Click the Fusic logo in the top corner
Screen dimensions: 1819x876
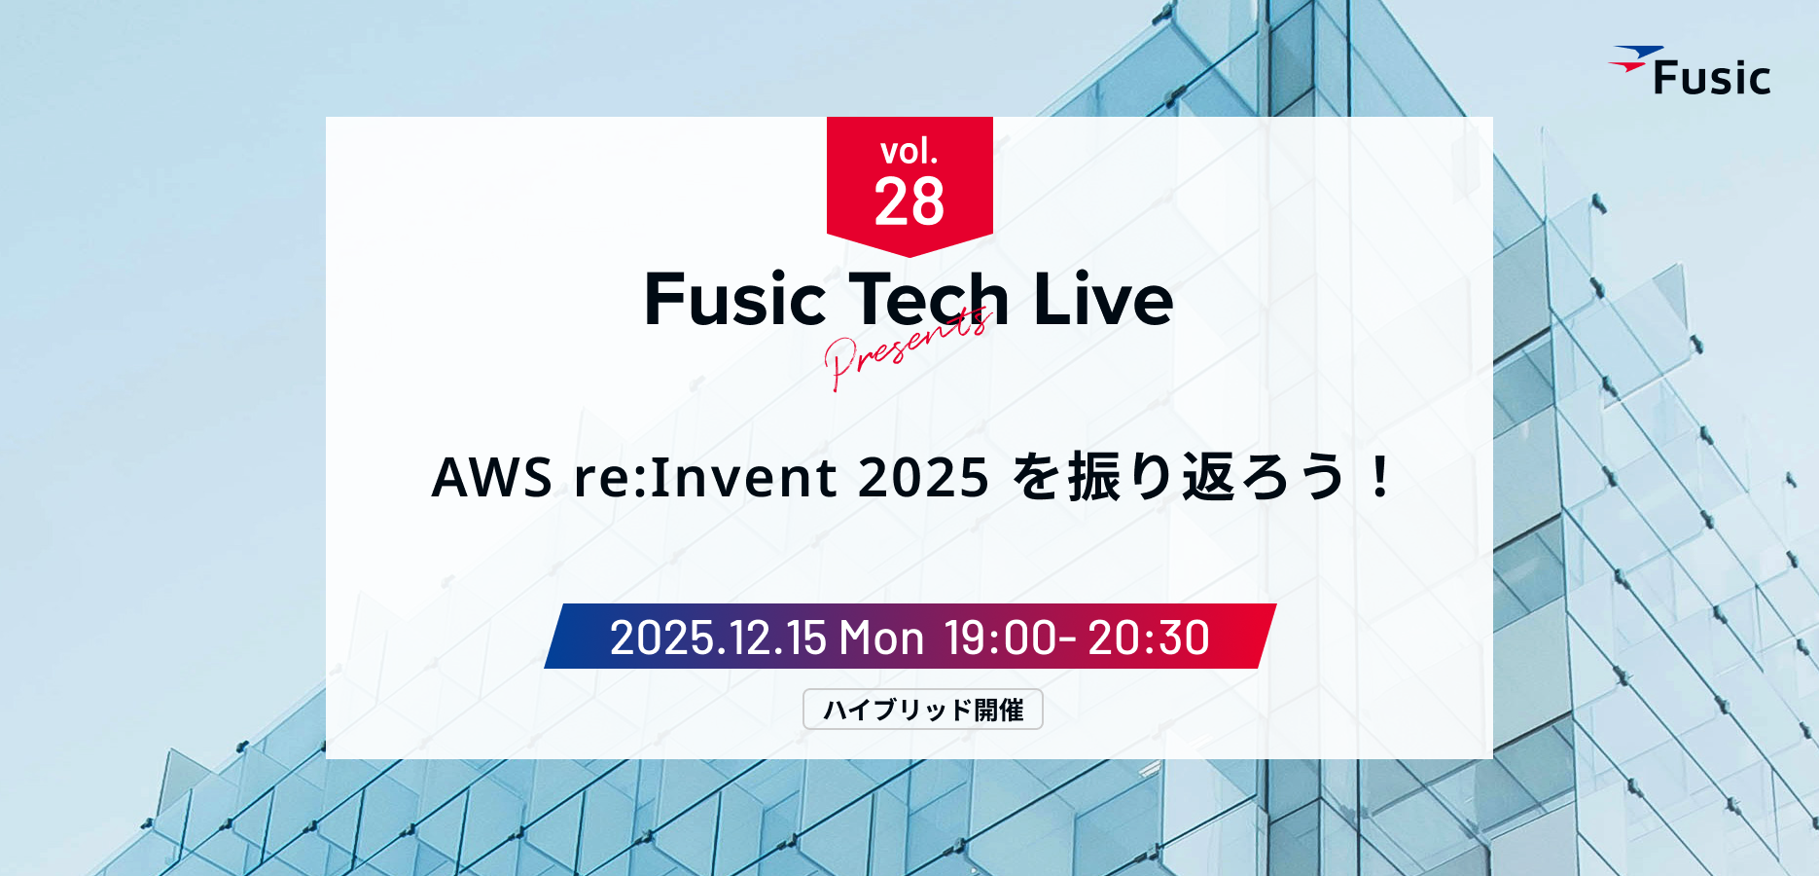(x=1690, y=71)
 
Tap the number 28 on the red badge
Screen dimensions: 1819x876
(x=909, y=202)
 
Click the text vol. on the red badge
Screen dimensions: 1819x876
(x=909, y=151)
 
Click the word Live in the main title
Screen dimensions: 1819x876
(x=1103, y=299)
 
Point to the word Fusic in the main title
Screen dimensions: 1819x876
(x=735, y=299)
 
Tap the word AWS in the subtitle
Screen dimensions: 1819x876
(x=492, y=477)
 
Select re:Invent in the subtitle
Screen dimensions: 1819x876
(x=705, y=477)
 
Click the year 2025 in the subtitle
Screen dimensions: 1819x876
(x=924, y=477)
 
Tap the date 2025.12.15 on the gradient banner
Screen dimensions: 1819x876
(x=718, y=638)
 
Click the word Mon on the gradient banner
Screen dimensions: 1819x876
(x=881, y=638)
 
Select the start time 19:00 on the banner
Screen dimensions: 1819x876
(x=1001, y=638)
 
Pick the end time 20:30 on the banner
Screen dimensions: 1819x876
(x=1149, y=638)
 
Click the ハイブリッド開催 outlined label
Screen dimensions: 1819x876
(x=923, y=709)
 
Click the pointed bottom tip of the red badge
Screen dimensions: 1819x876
(x=909, y=257)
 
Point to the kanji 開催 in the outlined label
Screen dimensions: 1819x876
(x=999, y=710)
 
